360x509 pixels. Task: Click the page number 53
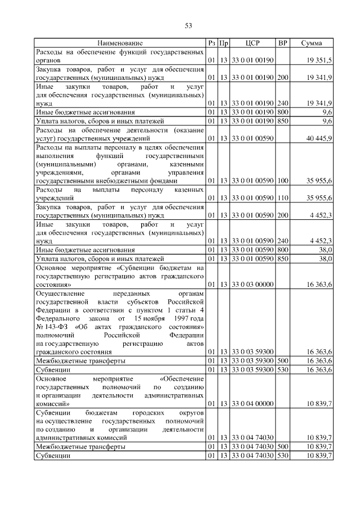pos(189,25)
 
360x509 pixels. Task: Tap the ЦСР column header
pos(253,43)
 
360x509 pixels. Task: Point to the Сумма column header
pos(311,43)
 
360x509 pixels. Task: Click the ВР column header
pos(282,43)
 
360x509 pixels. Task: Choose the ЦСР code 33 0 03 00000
pos(253,285)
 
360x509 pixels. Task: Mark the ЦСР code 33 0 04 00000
pos(253,403)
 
